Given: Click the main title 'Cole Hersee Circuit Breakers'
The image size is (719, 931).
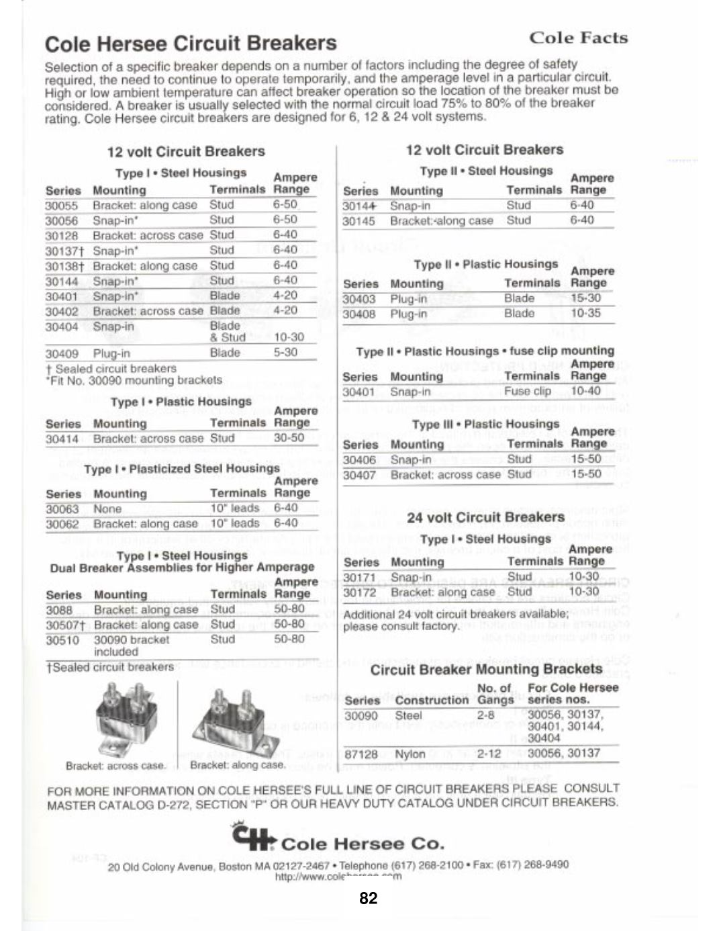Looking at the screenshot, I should [x=191, y=44].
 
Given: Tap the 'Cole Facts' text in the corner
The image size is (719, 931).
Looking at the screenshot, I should [x=578, y=38].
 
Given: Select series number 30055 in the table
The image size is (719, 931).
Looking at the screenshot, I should [x=62, y=206].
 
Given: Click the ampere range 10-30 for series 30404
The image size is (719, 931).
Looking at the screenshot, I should [x=289, y=337].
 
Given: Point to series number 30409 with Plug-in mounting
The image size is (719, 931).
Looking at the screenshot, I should [x=62, y=353].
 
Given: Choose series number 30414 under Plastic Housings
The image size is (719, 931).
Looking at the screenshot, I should [x=62, y=439].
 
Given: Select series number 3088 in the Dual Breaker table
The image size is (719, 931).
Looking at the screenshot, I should [x=59, y=610].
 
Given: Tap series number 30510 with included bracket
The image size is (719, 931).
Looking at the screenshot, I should [x=62, y=640].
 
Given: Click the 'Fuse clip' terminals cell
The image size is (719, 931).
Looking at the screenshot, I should [x=527, y=391].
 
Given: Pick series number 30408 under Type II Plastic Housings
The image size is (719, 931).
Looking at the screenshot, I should [x=359, y=314].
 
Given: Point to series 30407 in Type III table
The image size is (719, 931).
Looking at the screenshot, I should [x=359, y=475].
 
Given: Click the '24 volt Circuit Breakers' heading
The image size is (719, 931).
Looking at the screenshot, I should [x=485, y=517].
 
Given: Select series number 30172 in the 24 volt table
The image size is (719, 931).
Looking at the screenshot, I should [x=360, y=592].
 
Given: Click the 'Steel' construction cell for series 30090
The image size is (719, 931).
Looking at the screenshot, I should [x=408, y=716].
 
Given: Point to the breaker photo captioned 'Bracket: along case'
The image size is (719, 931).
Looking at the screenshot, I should [x=235, y=725].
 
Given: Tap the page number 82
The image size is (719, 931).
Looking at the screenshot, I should [x=369, y=899].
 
